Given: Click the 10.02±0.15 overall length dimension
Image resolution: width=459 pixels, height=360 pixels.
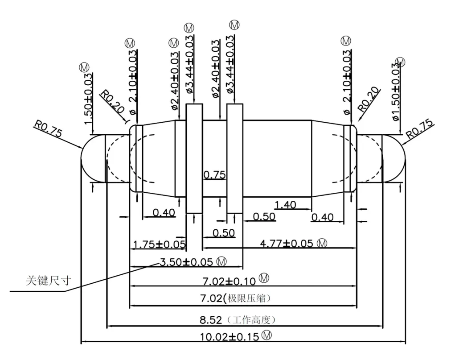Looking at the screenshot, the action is [229, 336].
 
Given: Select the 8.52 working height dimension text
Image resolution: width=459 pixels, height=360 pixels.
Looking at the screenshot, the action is [211, 320].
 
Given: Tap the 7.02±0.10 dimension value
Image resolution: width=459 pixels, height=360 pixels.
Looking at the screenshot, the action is [229, 281].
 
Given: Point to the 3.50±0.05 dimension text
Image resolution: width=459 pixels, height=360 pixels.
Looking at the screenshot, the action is [186, 262].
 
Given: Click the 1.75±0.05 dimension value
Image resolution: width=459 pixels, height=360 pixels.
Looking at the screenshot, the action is [159, 244].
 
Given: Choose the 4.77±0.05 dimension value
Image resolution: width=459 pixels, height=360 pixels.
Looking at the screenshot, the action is [287, 244].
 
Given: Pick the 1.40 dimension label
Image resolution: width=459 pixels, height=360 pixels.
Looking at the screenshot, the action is [285, 204].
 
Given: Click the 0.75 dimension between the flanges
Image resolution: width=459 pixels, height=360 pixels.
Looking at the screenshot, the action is [214, 175].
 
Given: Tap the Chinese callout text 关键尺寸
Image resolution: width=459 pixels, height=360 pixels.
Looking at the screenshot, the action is [48, 281].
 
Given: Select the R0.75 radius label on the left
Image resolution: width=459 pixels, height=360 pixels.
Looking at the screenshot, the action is [48, 128].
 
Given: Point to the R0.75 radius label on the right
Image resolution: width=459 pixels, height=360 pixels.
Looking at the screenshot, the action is [420, 128].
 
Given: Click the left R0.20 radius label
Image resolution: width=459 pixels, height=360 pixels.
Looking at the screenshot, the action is [112, 102].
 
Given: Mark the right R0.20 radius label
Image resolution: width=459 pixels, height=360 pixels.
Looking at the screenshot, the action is [369, 99].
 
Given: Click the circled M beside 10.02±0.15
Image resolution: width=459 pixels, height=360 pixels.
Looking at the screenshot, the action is [266, 335].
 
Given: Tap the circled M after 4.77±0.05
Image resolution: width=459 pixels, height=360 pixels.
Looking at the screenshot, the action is [322, 243].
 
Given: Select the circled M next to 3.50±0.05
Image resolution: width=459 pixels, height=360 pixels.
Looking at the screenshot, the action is [221, 261].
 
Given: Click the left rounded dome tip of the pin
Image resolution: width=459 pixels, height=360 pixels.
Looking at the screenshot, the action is [82, 158].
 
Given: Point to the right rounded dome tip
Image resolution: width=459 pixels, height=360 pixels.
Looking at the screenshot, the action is [405, 158].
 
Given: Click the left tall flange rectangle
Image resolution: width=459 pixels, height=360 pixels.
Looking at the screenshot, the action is [194, 158].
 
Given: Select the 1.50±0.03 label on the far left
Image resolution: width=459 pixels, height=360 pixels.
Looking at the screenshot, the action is [88, 99].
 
